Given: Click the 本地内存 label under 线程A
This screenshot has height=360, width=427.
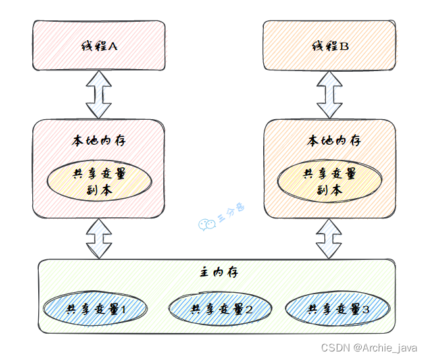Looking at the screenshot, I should tap(98, 140).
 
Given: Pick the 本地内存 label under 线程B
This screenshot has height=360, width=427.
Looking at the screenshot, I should tap(330, 140).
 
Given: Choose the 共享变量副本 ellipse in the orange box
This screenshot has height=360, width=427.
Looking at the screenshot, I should tap(329, 181).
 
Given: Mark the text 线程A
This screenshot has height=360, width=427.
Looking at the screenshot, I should tap(99, 46).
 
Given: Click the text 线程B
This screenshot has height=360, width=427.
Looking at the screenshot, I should tap(329, 46).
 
